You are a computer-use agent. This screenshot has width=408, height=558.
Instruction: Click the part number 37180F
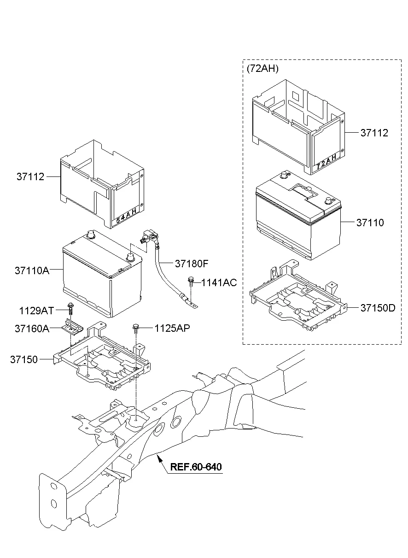click(x=192, y=264)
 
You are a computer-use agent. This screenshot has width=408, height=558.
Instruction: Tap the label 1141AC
click(x=219, y=282)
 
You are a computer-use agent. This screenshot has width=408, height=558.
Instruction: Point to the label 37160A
click(x=32, y=329)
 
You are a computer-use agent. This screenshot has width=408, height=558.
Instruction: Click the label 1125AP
click(x=172, y=328)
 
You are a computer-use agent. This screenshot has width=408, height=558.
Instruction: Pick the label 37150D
click(x=378, y=308)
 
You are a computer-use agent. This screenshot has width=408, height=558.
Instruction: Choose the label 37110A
click(x=32, y=270)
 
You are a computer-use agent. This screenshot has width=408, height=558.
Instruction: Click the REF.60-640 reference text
click(x=196, y=467)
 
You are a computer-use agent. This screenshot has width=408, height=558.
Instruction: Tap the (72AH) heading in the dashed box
click(x=262, y=69)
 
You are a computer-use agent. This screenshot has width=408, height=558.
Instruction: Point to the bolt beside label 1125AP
click(x=135, y=328)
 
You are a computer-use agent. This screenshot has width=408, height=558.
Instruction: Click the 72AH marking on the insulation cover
click(x=327, y=162)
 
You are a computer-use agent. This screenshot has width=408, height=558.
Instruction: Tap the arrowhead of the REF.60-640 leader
click(x=157, y=456)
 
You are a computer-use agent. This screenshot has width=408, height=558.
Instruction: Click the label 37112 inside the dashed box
click(x=374, y=133)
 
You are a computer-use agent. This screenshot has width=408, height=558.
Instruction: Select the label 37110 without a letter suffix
click(x=370, y=223)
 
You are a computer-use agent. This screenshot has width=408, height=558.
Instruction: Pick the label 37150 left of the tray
click(x=24, y=359)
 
